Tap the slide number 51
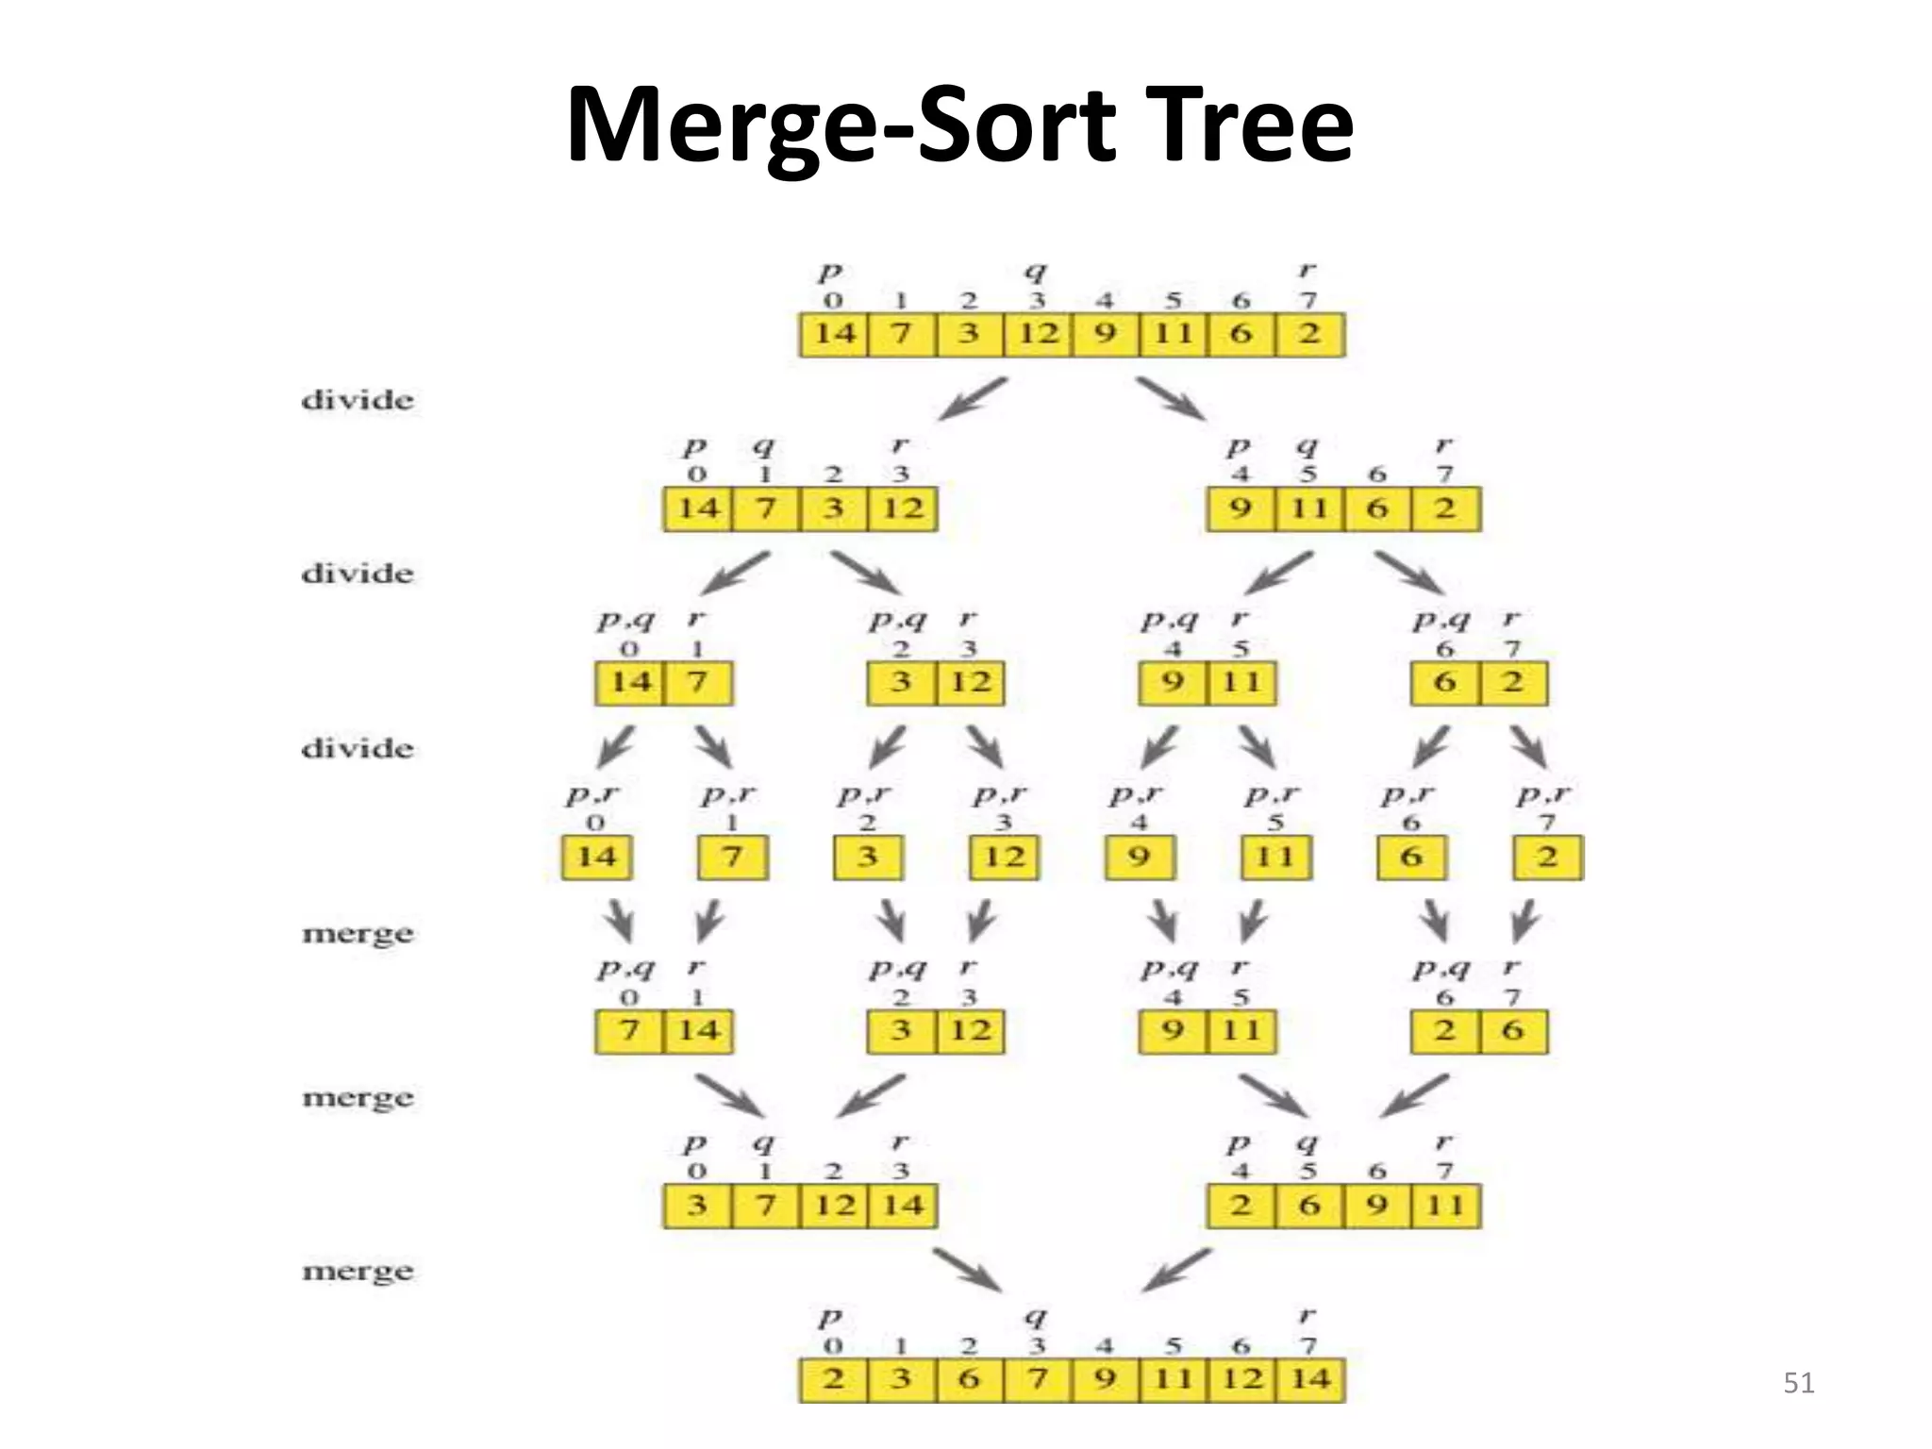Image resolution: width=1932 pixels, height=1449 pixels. point(1799,1383)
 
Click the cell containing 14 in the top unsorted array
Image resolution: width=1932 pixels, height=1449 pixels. point(834,334)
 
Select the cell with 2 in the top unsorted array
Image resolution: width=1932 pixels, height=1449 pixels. point(1309,334)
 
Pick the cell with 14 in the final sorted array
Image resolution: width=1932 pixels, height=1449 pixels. point(1309,1379)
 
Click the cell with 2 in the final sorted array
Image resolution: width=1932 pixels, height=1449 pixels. point(834,1379)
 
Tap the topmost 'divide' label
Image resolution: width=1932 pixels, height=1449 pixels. point(358,400)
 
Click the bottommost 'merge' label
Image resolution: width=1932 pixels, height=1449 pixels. point(358,1272)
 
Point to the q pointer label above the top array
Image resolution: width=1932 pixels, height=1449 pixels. point(1036,273)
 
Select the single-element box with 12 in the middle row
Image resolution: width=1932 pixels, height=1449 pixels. point(1004,857)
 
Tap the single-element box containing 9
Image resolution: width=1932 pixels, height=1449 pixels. point(1140,857)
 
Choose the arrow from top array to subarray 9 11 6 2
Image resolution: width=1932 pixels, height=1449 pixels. point(1170,399)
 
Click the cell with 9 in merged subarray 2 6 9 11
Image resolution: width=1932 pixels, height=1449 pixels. point(1377,1206)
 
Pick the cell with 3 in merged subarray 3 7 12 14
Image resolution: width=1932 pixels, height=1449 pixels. point(697,1206)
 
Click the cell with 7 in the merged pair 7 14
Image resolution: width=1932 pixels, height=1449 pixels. point(629,1030)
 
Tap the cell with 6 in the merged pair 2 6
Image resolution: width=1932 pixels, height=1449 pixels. point(1513,1030)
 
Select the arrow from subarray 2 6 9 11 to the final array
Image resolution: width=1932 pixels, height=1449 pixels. point(1175,1270)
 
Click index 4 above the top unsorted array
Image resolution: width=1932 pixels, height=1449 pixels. point(1104,302)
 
